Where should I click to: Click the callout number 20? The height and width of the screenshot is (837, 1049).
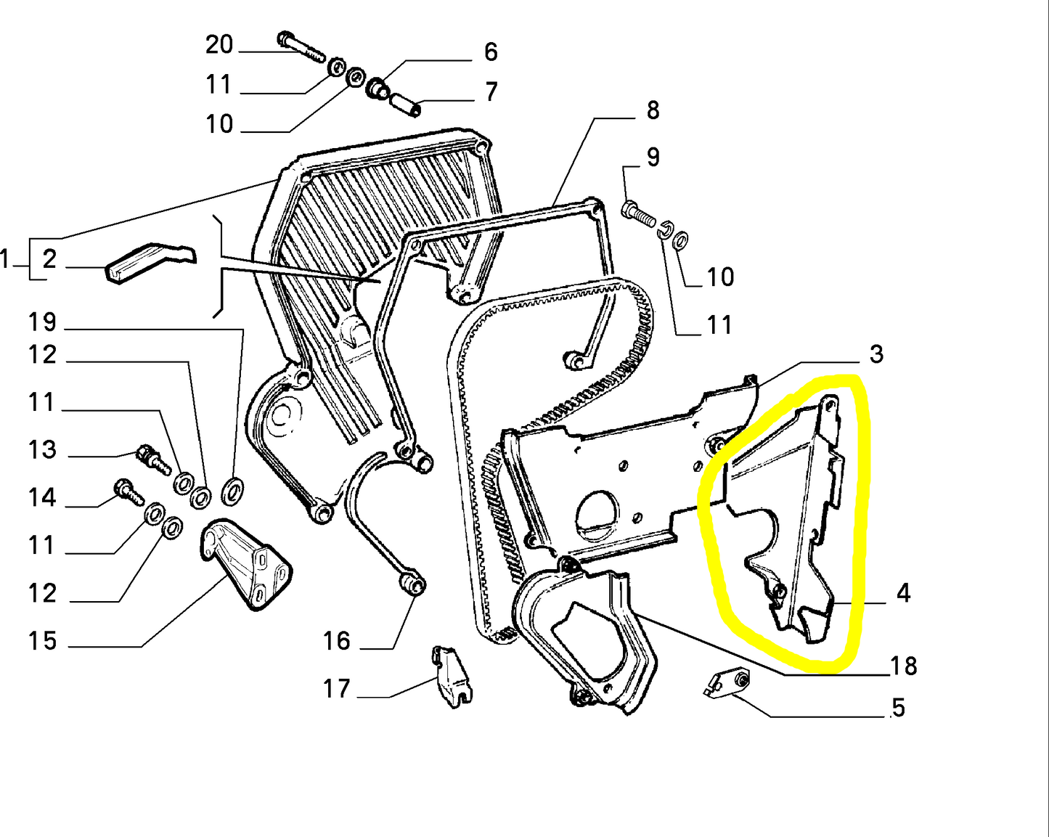pyautogui.click(x=219, y=45)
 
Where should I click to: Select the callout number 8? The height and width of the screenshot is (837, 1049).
pyautogui.click(x=653, y=110)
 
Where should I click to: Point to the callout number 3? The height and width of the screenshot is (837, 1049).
pyautogui.click(x=876, y=354)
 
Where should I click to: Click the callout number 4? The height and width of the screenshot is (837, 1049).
pyautogui.click(x=902, y=593)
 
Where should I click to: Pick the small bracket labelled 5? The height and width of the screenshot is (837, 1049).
pyautogui.click(x=728, y=682)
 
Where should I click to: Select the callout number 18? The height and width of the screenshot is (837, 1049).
pyautogui.click(x=903, y=666)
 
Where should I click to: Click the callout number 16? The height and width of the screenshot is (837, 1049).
pyautogui.click(x=336, y=641)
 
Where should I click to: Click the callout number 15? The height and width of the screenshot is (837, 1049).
pyautogui.click(x=42, y=641)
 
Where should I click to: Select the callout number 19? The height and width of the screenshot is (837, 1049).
pyautogui.click(x=42, y=322)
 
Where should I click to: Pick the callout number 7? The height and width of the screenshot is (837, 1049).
pyautogui.click(x=491, y=92)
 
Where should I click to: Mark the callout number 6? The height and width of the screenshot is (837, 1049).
pyautogui.click(x=491, y=52)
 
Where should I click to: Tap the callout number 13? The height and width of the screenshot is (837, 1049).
pyautogui.click(x=42, y=450)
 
